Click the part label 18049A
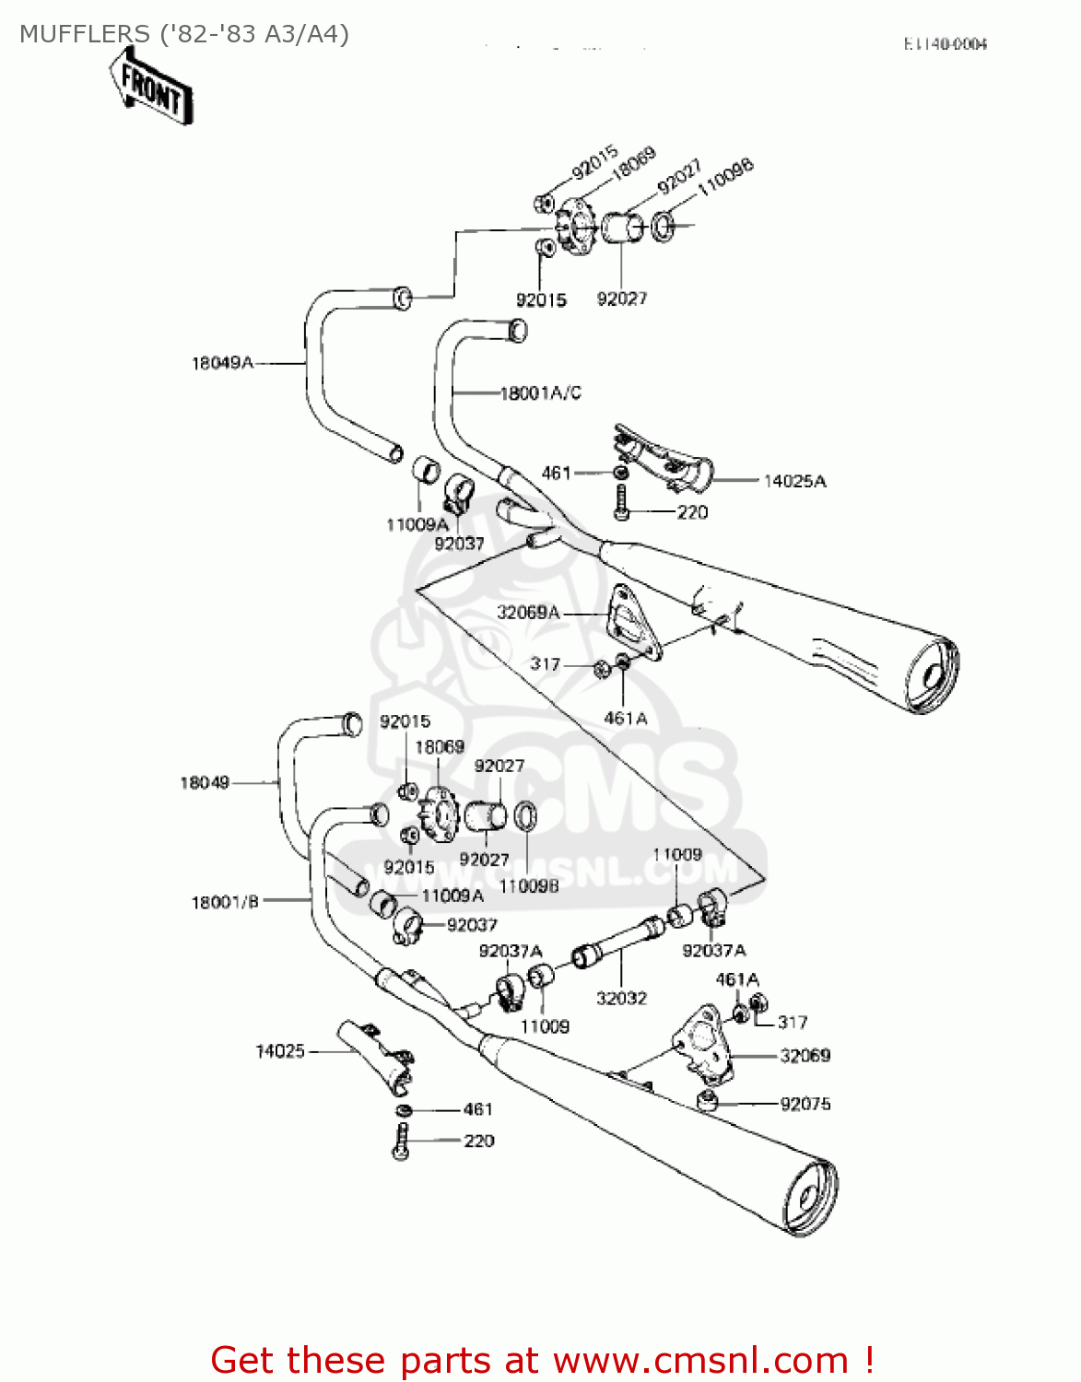[x=222, y=363]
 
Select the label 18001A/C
[x=541, y=393]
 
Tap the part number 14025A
[x=794, y=481]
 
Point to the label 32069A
[x=528, y=613]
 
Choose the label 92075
[x=805, y=1104]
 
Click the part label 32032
[x=621, y=999]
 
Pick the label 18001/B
[x=225, y=902]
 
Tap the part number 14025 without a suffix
[x=279, y=1051]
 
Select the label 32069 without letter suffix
[x=805, y=1056]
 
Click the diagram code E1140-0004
[x=945, y=44]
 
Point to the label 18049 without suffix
[x=204, y=783]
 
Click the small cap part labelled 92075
[x=707, y=1101]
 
